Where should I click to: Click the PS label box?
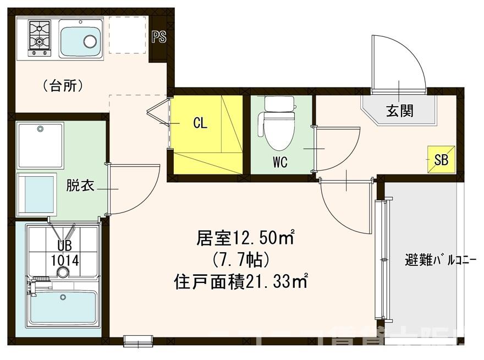(159, 37)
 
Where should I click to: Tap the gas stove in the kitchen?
(39, 37)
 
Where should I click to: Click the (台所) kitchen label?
(63, 85)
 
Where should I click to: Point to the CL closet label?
(200, 123)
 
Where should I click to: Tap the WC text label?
(280, 162)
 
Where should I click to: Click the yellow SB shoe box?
(441, 160)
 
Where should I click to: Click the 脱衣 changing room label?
(80, 186)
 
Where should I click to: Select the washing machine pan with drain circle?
(40, 145)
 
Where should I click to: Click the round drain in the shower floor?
(64, 272)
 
